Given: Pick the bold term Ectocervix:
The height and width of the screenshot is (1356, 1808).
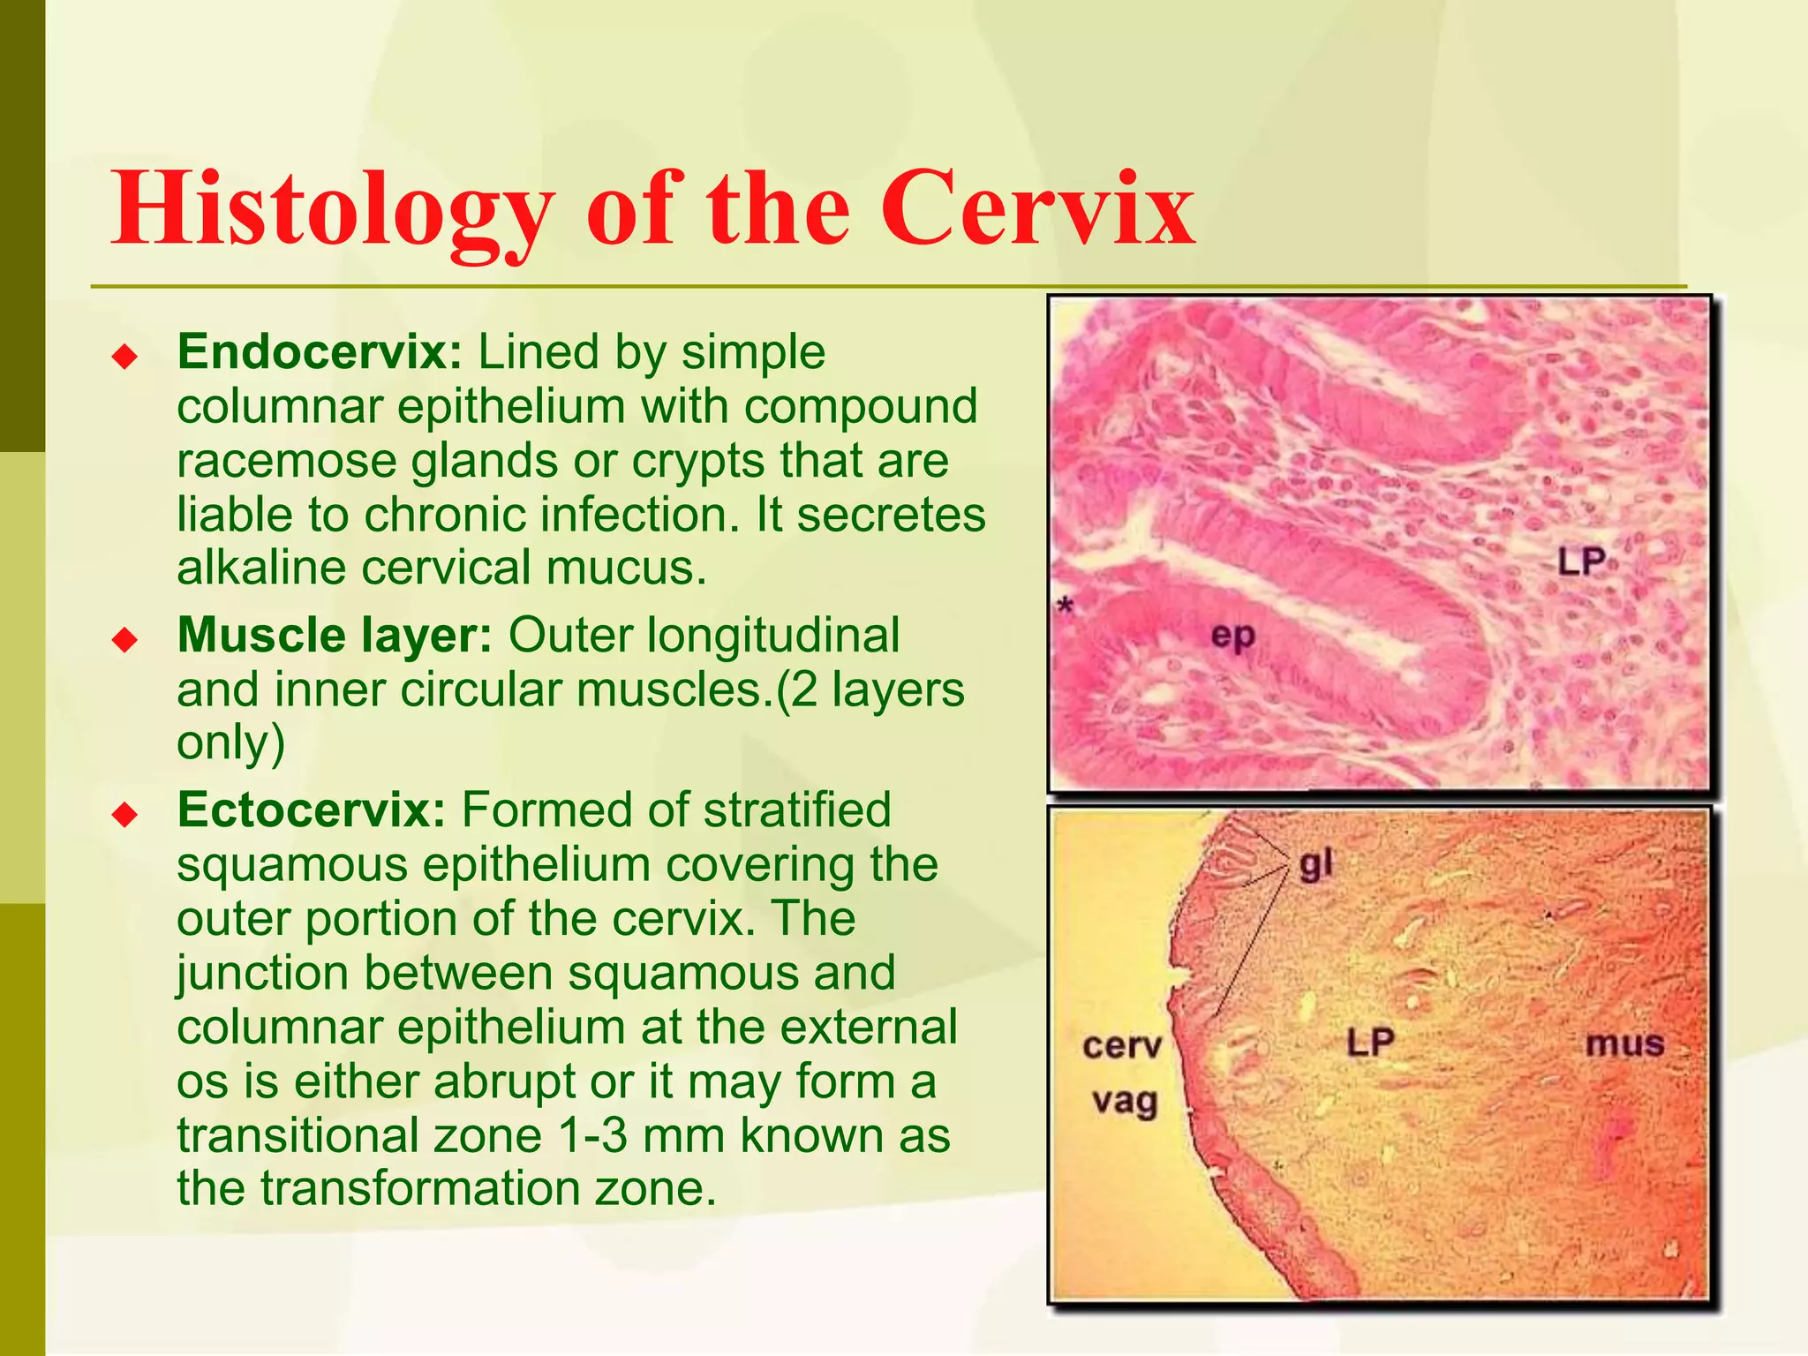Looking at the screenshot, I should (x=312, y=810).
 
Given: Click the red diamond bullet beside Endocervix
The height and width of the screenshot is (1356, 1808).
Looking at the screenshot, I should (x=125, y=358).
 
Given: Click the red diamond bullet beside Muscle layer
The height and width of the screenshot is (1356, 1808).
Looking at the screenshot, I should (x=125, y=640).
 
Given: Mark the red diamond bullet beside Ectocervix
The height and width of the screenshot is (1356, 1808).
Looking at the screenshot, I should (x=125, y=815).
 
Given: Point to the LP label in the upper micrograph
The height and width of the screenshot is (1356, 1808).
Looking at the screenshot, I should (x=1581, y=561).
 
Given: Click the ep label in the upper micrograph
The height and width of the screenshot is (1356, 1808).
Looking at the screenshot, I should (x=1232, y=634).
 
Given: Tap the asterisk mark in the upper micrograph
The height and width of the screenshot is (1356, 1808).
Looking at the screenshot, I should (x=1066, y=606).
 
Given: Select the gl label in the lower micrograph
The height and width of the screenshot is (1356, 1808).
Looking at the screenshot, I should (x=1315, y=865).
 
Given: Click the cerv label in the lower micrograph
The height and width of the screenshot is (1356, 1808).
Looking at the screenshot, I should (x=1122, y=1046).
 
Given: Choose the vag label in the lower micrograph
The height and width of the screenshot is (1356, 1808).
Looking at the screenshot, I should (x=1124, y=1102).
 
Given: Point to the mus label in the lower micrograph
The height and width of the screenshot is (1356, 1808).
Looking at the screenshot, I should (x=1624, y=1044).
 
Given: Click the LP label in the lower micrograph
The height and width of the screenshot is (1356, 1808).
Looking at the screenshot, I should (x=1370, y=1043).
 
